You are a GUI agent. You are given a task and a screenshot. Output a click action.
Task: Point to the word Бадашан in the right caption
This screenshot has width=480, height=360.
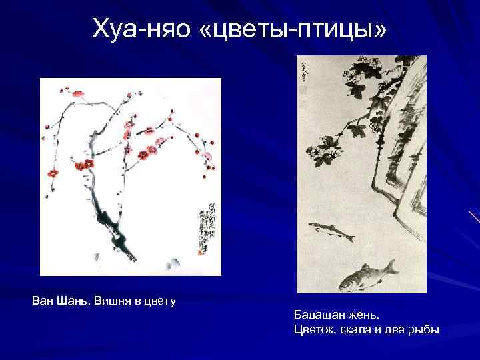(x=321, y=315)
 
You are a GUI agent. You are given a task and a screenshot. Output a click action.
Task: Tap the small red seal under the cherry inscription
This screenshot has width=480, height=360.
(x=201, y=252)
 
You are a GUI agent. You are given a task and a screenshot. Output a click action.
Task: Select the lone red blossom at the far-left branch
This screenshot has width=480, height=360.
(x=52, y=173)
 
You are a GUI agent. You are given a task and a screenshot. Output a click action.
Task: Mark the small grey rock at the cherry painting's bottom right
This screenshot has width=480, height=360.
(x=172, y=261)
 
